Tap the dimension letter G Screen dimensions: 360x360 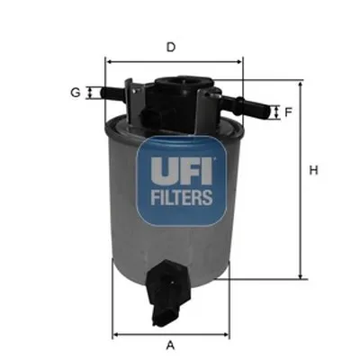click(76, 92)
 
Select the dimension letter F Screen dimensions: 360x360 click(289, 112)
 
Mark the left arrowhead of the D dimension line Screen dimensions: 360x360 click(110, 61)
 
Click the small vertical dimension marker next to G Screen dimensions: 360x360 click(90, 92)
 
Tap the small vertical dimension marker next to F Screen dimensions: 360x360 click(274, 112)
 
